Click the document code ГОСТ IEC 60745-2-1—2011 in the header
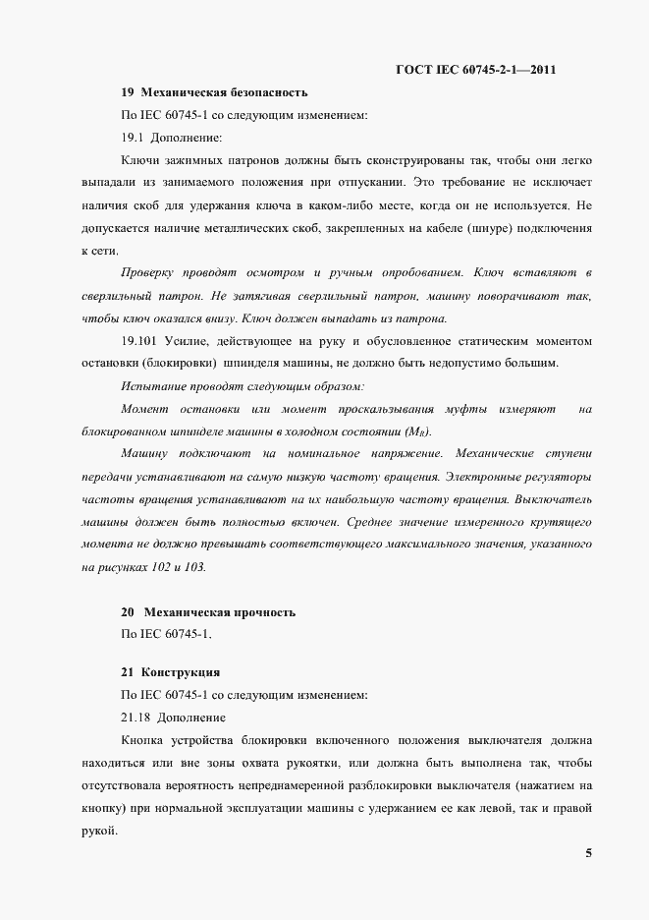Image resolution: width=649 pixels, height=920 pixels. (476, 70)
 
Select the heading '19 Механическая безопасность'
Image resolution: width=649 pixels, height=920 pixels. (214, 93)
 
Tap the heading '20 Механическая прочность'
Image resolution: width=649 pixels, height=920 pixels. (208, 612)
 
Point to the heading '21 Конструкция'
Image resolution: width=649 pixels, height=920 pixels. (170, 673)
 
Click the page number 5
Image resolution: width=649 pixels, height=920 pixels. (588, 853)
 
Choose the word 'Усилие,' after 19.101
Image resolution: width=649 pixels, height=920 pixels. (198, 341)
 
